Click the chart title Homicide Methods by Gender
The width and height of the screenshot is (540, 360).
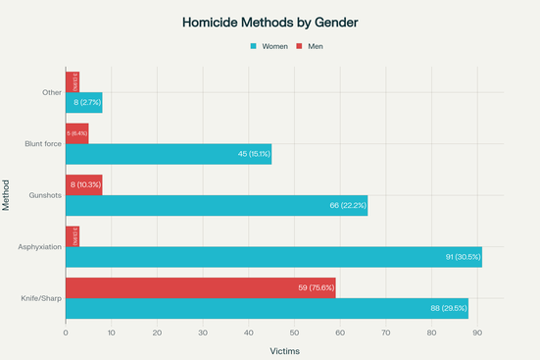tap(270, 21)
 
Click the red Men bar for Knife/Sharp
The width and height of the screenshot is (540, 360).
tap(200, 288)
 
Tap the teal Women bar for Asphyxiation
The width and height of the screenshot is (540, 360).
tap(273, 257)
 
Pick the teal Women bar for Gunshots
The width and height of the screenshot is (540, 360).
tap(216, 205)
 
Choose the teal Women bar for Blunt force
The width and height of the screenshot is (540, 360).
tap(168, 154)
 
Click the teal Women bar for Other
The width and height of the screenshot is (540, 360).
tap(83, 102)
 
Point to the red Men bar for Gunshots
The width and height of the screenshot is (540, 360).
tap(83, 184)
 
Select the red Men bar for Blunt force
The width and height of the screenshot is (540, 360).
tap(76, 133)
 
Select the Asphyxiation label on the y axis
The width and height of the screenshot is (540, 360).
tap(40, 246)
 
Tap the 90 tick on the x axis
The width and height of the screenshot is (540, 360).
tap(477, 333)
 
